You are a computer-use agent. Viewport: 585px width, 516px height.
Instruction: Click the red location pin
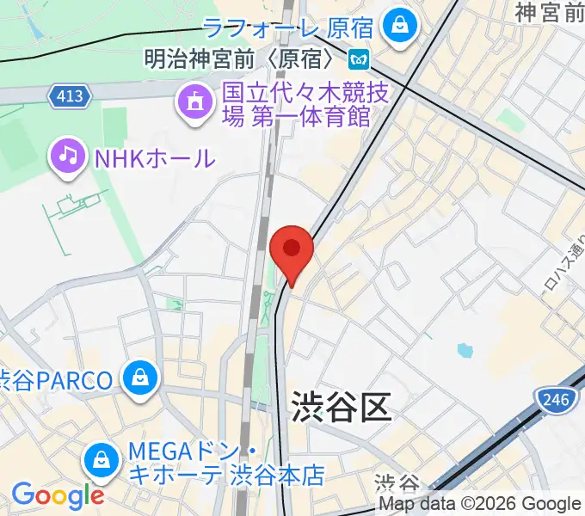tap(291, 250)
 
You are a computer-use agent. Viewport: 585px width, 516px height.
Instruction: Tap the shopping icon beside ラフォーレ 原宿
tap(399, 24)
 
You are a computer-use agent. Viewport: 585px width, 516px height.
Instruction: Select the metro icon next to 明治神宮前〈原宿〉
tap(358, 59)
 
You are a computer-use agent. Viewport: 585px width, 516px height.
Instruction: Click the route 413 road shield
tap(69, 95)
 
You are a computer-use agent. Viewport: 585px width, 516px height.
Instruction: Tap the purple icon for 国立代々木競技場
tap(193, 104)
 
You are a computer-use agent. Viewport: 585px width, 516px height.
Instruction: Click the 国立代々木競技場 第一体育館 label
tap(296, 104)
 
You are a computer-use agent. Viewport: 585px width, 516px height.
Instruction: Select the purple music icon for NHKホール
tap(69, 157)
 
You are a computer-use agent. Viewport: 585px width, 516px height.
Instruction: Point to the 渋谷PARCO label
tap(57, 379)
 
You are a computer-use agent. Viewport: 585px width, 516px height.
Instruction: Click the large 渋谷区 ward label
tap(341, 405)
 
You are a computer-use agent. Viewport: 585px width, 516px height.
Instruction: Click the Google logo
tap(57, 495)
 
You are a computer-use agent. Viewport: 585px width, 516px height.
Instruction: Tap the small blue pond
tap(465, 350)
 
